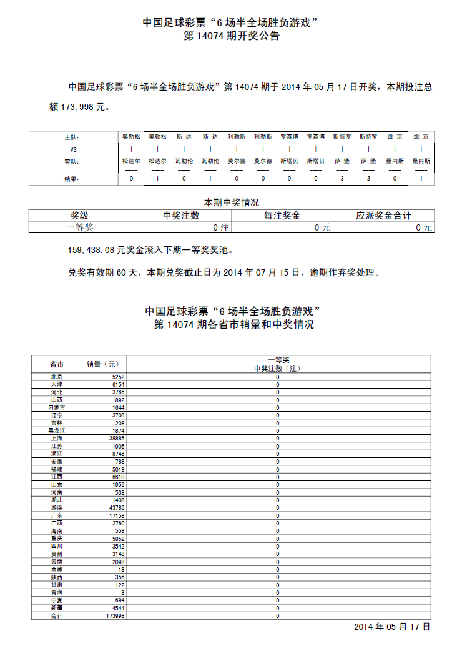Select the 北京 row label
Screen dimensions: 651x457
pyautogui.click(x=57, y=377)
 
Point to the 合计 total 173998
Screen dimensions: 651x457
pyautogui.click(x=115, y=616)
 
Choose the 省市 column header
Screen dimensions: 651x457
pyautogui.click(x=57, y=364)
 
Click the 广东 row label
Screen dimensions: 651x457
pyautogui.click(x=57, y=515)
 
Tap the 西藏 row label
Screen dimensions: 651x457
pyautogui.click(x=57, y=570)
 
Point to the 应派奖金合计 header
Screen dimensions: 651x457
pyautogui.click(x=383, y=216)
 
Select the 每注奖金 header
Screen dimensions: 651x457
pyautogui.click(x=282, y=216)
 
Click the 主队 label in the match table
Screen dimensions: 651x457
pyautogui.click(x=72, y=136)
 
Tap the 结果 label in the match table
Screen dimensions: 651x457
pyautogui.click(x=72, y=179)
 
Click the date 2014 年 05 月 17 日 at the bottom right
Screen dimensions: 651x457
pyautogui.click(x=392, y=627)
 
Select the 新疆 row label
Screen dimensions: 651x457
pyautogui.click(x=57, y=608)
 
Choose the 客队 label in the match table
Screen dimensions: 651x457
pyautogui.click(x=72, y=161)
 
